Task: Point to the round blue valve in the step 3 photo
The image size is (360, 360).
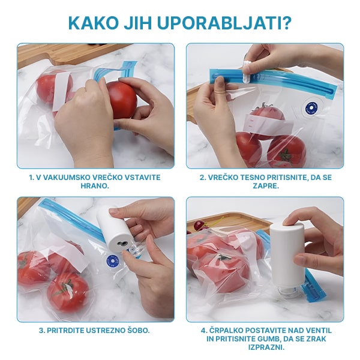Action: coord(112,260)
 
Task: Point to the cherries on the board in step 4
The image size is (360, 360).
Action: coord(199,226)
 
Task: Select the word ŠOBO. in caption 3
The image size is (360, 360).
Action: coord(135,331)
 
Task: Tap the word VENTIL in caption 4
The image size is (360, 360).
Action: coord(317,331)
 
